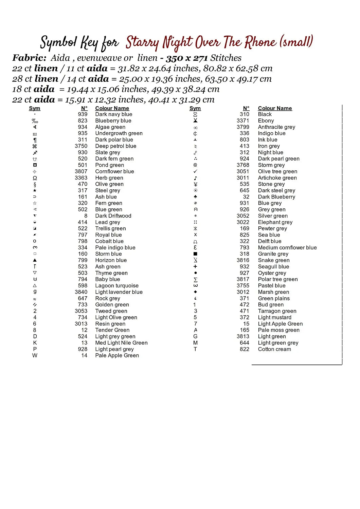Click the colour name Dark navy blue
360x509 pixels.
click(113, 114)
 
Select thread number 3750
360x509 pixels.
click(81, 146)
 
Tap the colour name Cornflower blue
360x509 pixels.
click(114, 171)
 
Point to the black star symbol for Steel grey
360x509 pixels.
click(35, 190)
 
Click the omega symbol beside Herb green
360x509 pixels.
click(35, 178)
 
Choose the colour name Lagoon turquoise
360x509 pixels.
click(117, 286)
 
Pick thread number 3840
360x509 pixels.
click(81, 292)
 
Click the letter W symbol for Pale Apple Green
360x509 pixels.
click(35, 356)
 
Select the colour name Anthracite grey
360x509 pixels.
click(276, 127)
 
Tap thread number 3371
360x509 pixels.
click(243, 120)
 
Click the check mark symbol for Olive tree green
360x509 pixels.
click(195, 171)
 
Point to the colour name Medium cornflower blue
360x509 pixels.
click(287, 248)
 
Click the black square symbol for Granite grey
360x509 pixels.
click(195, 254)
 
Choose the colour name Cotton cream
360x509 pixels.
click(274, 349)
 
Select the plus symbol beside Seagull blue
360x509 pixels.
click(195, 267)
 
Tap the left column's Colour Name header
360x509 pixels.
click(112, 108)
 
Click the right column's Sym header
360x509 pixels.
click(195, 108)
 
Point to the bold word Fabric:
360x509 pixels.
click(29, 58)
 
